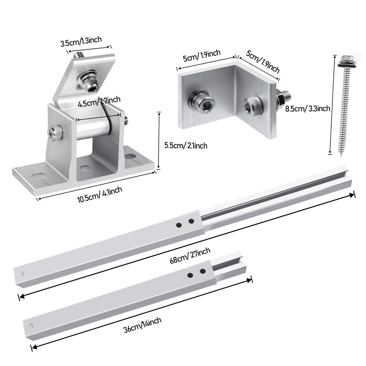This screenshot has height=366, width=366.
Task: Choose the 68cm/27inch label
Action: coord(190,255)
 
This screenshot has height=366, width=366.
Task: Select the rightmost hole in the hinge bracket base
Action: coord(129,156)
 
